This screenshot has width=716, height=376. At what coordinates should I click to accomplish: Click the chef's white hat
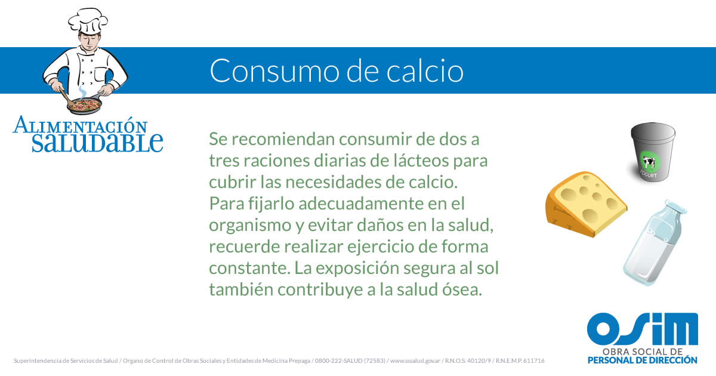(88, 20)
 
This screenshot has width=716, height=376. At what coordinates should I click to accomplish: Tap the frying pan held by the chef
(85, 105)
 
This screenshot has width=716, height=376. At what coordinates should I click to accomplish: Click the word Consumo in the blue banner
(274, 70)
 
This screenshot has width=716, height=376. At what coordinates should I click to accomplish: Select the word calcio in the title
(425, 70)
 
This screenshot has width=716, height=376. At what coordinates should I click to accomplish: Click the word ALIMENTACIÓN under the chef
(80, 125)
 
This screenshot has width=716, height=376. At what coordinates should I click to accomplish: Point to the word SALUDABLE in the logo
(97, 142)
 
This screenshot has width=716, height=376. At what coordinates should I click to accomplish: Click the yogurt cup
(652, 152)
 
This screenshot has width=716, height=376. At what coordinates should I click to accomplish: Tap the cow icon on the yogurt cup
(649, 162)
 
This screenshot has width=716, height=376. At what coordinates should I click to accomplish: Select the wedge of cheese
(586, 204)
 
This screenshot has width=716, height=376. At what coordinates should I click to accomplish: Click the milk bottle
(654, 243)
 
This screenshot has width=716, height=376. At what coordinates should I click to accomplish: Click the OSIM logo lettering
(643, 329)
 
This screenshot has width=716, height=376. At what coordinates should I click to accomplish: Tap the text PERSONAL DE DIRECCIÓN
(643, 360)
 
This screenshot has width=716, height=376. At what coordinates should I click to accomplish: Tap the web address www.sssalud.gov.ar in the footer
(415, 360)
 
